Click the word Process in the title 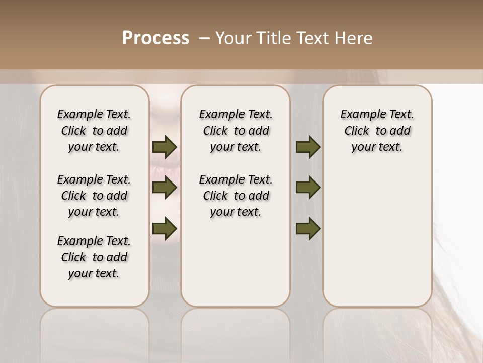click(x=155, y=38)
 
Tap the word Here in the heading click(x=354, y=38)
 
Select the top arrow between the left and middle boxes click(x=165, y=147)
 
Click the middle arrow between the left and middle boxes click(x=165, y=188)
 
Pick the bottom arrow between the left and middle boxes click(x=165, y=228)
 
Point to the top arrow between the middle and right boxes click(x=308, y=147)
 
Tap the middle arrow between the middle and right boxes click(x=308, y=188)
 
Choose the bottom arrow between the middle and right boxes click(x=308, y=228)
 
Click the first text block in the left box click(x=94, y=131)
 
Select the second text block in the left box click(x=94, y=196)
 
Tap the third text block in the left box click(x=94, y=257)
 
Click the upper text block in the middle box click(x=235, y=131)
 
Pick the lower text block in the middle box click(x=235, y=196)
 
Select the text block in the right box click(x=377, y=131)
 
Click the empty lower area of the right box click(x=377, y=242)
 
